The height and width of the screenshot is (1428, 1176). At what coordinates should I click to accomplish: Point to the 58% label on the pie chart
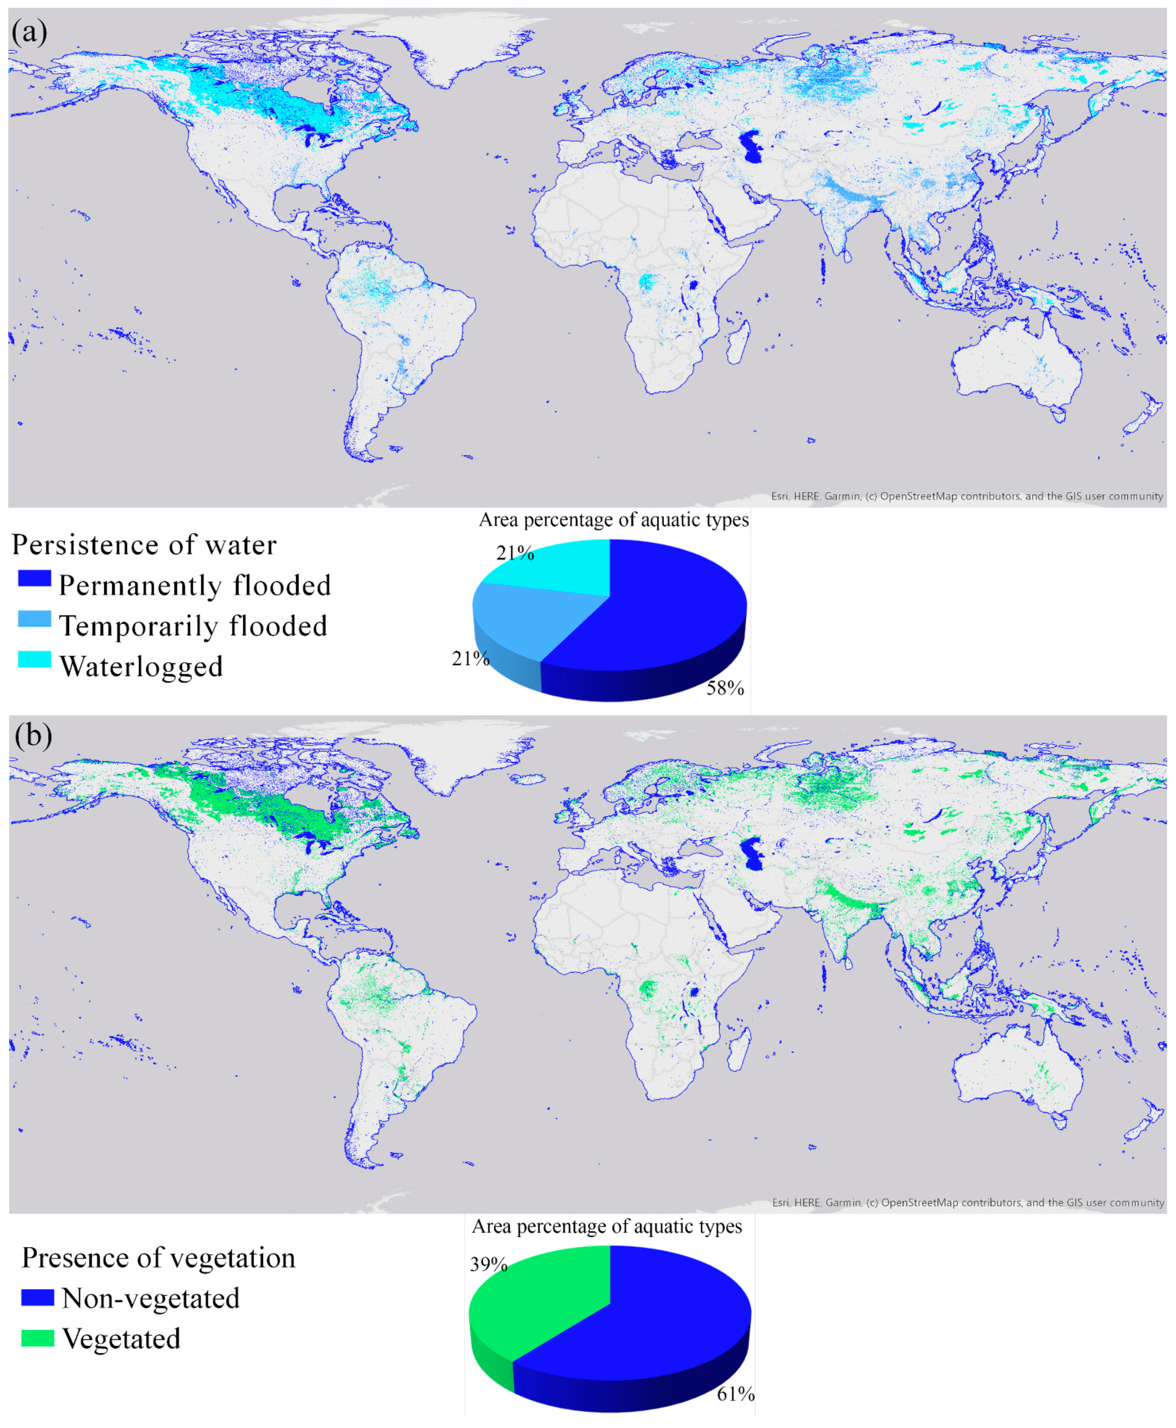click(725, 689)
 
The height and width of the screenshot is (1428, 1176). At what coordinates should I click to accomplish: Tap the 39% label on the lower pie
click(488, 1265)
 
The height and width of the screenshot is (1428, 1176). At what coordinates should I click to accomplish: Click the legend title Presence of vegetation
click(159, 1258)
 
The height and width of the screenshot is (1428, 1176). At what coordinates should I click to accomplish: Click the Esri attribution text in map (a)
click(967, 496)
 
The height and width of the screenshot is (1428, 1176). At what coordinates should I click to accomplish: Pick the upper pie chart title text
click(614, 520)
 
